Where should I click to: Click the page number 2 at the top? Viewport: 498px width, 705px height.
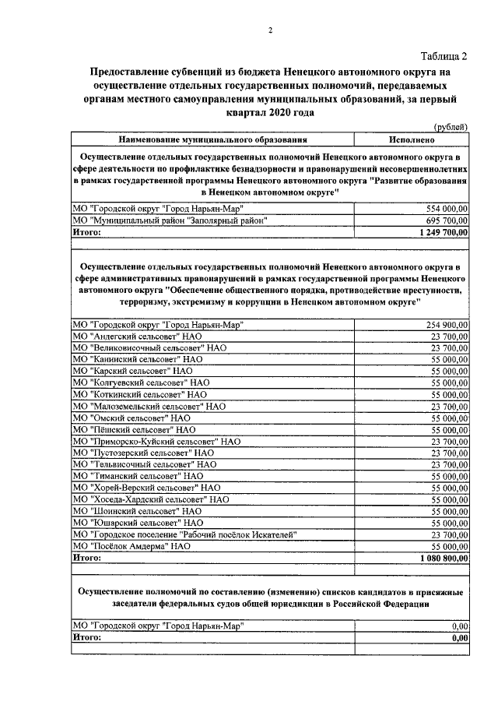coord(270,30)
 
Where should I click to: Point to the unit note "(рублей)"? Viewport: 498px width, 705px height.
coord(451,128)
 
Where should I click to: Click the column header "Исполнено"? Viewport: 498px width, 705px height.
coord(412,139)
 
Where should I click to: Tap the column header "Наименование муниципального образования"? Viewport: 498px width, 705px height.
coord(212,139)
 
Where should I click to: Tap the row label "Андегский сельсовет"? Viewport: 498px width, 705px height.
coord(137,336)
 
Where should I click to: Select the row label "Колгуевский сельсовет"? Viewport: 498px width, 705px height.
coord(141,382)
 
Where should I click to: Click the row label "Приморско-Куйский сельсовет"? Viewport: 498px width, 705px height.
coord(156,441)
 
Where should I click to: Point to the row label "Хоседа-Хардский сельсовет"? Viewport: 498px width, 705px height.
coord(150,499)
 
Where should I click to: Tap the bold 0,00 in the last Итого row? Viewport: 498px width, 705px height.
coord(460,637)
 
